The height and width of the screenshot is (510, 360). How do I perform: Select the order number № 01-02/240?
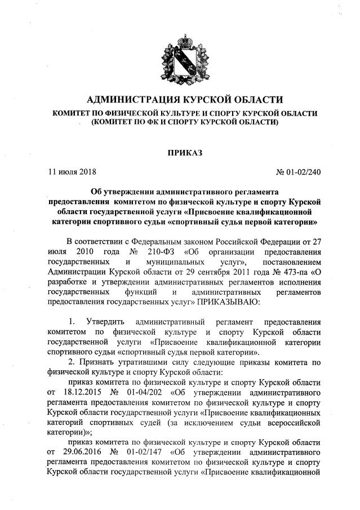click(299, 170)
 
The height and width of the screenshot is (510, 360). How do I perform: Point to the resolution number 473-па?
click(288, 272)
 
